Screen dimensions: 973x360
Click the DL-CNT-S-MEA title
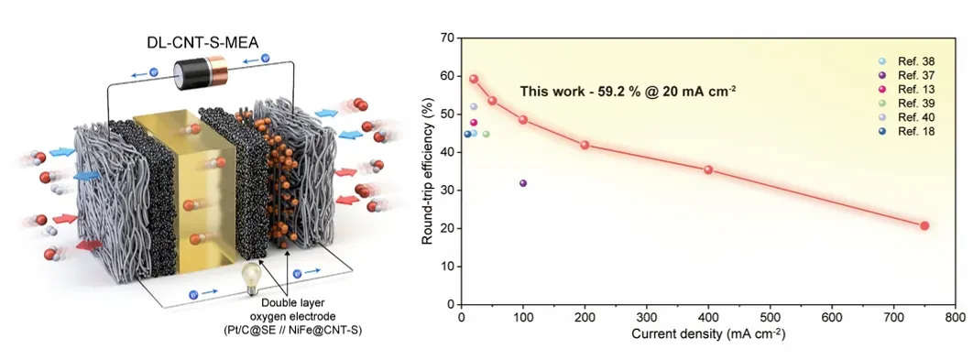[x=201, y=42]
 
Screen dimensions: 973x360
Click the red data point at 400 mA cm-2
[x=708, y=169]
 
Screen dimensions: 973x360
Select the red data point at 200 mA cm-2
[x=585, y=145]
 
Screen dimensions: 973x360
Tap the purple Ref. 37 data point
[x=523, y=183]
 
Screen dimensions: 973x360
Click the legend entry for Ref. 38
[x=907, y=61]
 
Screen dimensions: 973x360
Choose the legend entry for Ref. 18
[x=907, y=131]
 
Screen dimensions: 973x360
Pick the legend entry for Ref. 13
[x=907, y=90]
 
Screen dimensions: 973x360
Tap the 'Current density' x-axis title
[x=708, y=334]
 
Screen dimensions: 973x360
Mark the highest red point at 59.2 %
[x=474, y=79]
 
